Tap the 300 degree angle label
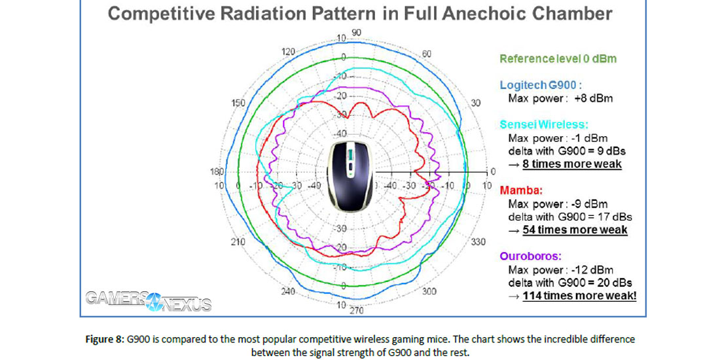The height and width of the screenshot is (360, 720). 429,291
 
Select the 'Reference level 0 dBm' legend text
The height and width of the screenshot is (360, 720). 558,59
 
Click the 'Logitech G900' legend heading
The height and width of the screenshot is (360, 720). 541,85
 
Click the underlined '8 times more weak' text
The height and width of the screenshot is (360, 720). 571,164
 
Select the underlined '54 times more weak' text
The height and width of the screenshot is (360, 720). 574,230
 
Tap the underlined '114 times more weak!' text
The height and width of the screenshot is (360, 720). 579,296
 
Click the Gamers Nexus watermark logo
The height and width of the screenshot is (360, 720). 149,302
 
